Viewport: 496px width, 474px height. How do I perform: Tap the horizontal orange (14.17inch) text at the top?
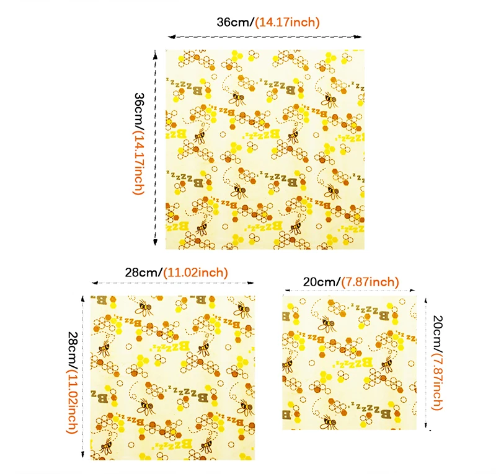coord(287,22)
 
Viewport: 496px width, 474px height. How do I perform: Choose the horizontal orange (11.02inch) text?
coord(195,273)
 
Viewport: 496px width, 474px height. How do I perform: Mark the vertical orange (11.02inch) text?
coord(73,402)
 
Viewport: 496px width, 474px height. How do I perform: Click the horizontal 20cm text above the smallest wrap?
coord(321,282)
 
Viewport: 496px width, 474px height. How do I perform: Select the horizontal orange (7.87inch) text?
coord(370,282)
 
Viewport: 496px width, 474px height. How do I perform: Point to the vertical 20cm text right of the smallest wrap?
coord(438,333)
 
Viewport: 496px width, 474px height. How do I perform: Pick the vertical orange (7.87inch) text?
coord(438,381)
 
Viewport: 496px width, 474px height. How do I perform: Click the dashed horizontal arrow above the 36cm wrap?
coord(265,37)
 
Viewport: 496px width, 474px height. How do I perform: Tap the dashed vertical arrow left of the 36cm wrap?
coord(155,148)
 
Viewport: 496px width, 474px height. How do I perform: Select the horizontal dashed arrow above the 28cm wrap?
coord(173,283)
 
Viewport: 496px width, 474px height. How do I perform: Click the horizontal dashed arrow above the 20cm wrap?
coord(350,290)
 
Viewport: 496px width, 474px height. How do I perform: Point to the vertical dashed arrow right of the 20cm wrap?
coord(426,363)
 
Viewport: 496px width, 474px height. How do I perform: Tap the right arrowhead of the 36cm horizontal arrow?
coord(358,37)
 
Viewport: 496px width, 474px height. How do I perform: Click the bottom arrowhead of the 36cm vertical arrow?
coord(155,242)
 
